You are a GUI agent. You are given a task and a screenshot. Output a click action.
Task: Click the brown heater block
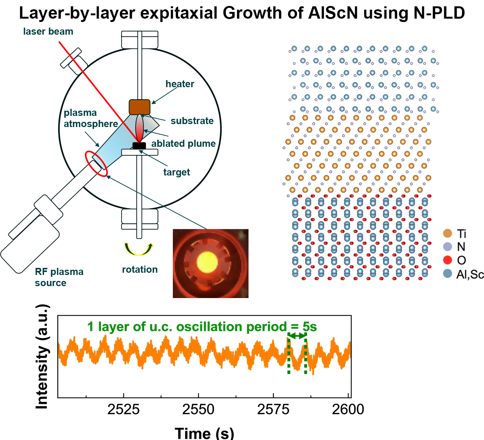[x=139, y=107]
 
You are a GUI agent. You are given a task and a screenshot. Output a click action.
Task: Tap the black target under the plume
[x=139, y=146]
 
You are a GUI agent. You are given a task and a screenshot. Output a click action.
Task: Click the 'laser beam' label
[x=48, y=32]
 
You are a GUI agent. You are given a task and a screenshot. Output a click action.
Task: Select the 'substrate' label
[x=192, y=121]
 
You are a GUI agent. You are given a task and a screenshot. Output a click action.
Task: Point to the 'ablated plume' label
[x=183, y=143]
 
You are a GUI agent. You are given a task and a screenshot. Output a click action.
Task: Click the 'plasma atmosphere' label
[x=91, y=118]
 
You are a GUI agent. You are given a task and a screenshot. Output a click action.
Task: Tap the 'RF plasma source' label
[x=59, y=277]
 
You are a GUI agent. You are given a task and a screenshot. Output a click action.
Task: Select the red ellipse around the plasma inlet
[x=97, y=164]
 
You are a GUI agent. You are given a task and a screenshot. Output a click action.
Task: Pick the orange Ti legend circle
[x=447, y=234]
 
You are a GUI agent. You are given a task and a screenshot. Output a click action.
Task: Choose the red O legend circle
[x=447, y=260]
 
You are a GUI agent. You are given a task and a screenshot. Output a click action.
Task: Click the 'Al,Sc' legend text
[x=470, y=275]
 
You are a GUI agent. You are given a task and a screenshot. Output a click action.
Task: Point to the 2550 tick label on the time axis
[x=198, y=409]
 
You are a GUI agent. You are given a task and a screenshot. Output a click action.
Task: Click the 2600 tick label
[x=348, y=409]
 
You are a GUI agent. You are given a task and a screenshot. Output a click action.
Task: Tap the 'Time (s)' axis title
[x=204, y=433]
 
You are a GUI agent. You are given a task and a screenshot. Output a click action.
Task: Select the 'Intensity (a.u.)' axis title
[x=42, y=357]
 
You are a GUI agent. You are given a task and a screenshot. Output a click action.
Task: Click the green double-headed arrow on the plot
[x=297, y=336]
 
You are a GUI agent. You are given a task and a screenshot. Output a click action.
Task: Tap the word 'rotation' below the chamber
[x=140, y=269]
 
